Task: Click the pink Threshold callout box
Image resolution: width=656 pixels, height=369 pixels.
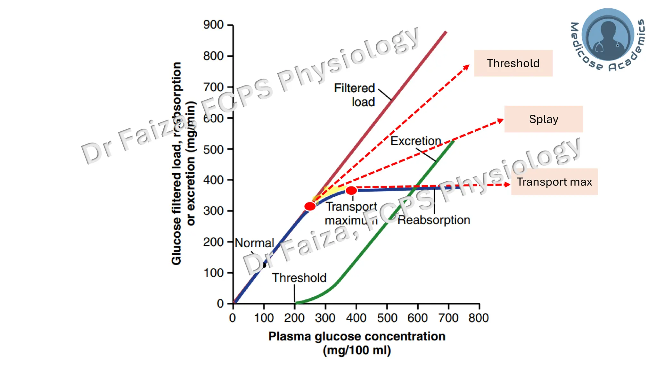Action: coord(513,63)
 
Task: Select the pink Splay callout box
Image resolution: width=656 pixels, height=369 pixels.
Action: coord(543,119)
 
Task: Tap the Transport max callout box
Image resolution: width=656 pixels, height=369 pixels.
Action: coord(554,182)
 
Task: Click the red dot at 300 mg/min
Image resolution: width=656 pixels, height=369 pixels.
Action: coord(310,206)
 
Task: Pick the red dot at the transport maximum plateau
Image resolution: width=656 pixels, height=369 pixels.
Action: coord(351,191)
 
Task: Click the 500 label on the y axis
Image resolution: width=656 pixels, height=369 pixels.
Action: coord(213,150)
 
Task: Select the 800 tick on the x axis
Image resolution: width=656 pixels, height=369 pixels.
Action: coord(479,307)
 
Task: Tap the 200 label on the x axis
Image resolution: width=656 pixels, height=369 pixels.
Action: coord(294,318)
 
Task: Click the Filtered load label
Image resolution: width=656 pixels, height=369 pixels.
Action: coord(355,95)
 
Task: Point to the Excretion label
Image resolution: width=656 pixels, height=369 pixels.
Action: coord(415,141)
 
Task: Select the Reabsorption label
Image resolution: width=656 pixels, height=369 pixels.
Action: coord(434,220)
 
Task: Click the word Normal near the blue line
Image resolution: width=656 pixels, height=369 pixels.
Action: coord(254,243)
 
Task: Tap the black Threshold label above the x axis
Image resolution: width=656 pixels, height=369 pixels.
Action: coord(299,278)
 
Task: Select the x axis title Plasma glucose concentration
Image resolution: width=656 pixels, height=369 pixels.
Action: coord(357,336)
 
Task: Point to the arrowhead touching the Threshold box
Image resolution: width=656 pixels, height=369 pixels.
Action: coord(467,67)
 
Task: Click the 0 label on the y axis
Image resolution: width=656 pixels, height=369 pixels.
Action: coord(220,303)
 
